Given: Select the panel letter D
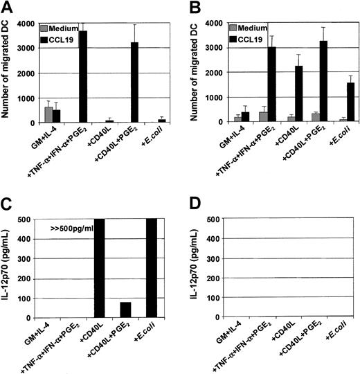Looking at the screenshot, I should [x=193, y=203].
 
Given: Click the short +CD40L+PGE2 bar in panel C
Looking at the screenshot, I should [x=125, y=307].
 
